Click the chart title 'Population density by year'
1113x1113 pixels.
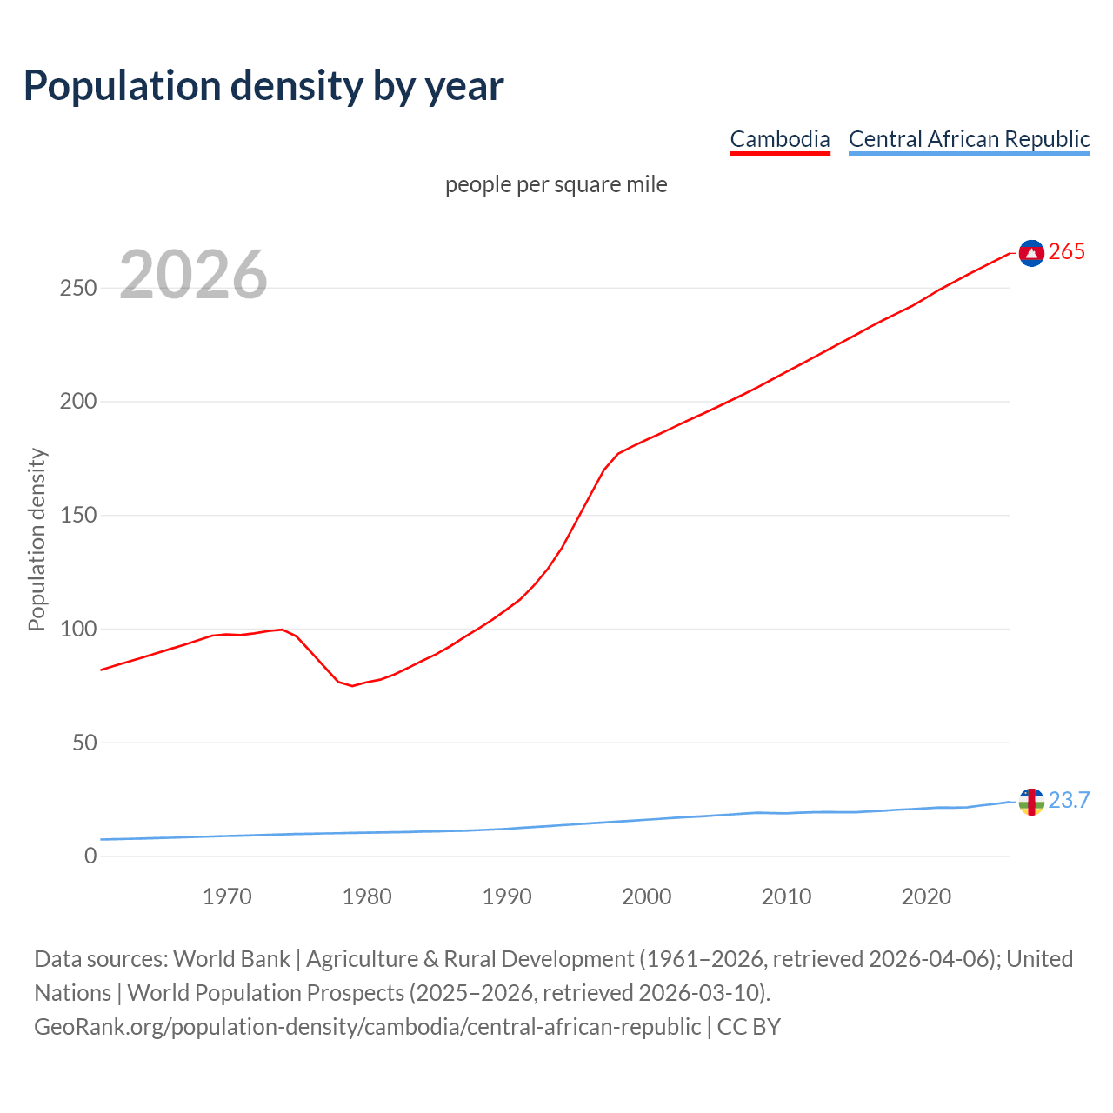tap(263, 86)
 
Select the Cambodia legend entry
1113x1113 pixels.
tap(780, 139)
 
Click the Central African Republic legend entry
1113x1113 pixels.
tap(969, 139)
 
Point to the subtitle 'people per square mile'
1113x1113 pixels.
tap(556, 184)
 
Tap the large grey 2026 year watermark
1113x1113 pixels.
tap(193, 275)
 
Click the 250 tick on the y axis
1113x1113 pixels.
tap(78, 288)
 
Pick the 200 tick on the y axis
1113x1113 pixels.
tap(78, 402)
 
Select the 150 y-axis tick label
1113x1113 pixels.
tap(78, 516)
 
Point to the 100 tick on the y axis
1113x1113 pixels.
tap(78, 629)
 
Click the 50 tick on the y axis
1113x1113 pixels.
tap(84, 743)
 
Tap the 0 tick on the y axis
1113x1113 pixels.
tap(90, 856)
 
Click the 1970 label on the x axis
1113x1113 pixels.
tap(227, 896)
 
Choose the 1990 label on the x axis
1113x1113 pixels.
tap(507, 896)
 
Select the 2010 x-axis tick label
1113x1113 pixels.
tap(786, 896)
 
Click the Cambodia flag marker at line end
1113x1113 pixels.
tap(1031, 253)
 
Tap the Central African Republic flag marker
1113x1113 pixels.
tap(1031, 802)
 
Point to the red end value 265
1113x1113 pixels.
tap(1067, 252)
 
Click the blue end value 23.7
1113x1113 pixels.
tap(1069, 801)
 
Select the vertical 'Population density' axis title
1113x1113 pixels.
tap(37, 539)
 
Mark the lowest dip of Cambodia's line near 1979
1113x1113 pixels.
tap(352, 686)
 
